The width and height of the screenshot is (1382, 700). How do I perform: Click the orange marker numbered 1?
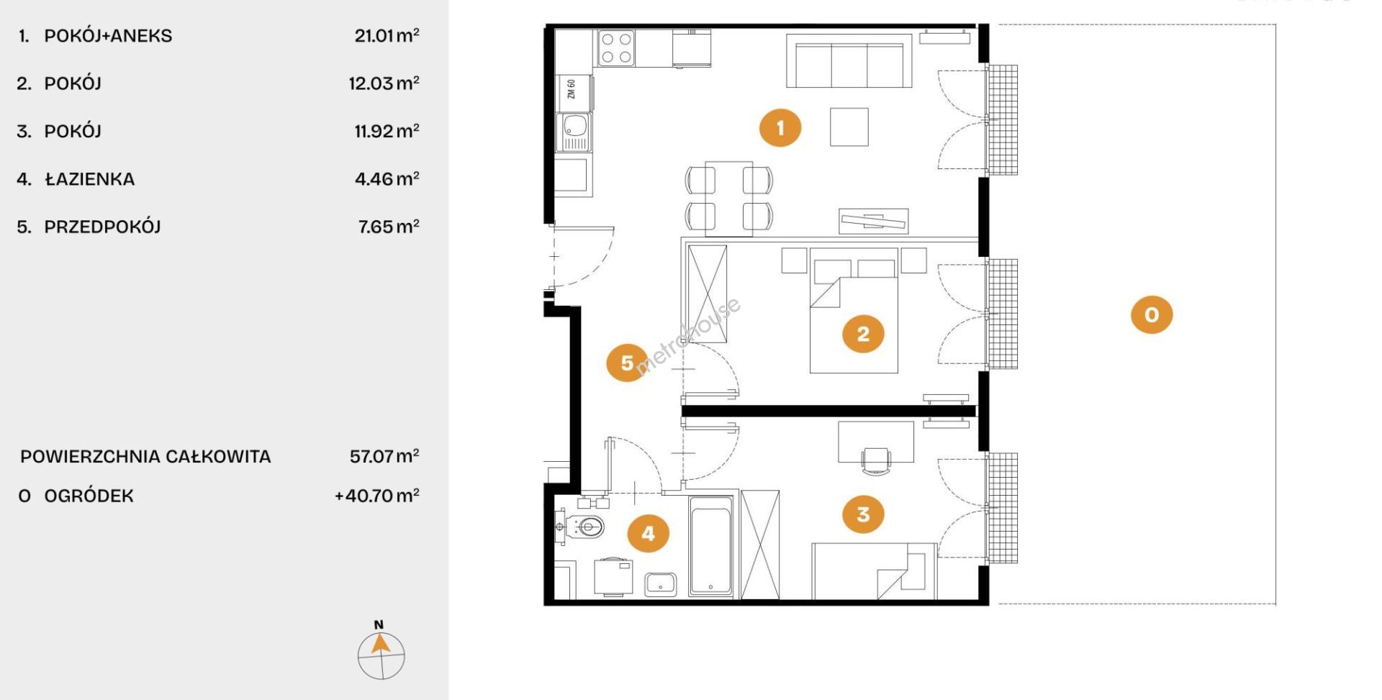pos(780,128)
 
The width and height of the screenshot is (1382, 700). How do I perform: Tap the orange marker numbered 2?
pos(863,334)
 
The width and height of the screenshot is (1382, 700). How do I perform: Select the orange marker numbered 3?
pos(863,514)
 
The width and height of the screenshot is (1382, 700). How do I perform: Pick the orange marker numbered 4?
pos(648,534)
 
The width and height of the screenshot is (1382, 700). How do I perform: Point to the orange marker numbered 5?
pos(627,363)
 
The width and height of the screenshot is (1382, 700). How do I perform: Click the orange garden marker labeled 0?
pos(1152,314)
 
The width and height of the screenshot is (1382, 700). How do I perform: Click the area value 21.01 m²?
pos(387,35)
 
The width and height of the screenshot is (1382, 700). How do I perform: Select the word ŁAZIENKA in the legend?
pos(89,178)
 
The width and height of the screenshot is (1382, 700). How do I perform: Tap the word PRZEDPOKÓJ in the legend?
pos(102,227)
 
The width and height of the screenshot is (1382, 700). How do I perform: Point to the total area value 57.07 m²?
pos(384,456)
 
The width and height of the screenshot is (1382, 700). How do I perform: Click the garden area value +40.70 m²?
pos(377,496)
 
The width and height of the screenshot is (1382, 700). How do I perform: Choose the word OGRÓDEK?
pos(89,496)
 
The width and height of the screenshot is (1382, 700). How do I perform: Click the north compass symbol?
pos(381,650)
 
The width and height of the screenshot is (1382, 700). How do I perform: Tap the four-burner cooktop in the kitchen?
pos(617,48)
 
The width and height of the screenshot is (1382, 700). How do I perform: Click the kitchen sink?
pos(574,132)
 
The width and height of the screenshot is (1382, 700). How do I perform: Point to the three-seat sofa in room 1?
pos(849,61)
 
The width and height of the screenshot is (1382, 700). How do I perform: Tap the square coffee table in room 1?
pos(849,127)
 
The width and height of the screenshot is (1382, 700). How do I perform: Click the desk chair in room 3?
pos(876,460)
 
